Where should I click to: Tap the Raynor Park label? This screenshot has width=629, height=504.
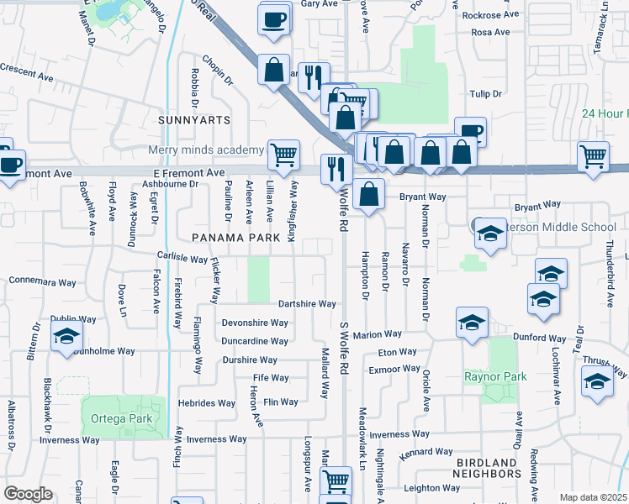click(495, 376)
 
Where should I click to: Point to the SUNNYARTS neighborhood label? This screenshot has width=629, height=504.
click(194, 120)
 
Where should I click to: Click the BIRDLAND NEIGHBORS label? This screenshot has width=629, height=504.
click(486, 469)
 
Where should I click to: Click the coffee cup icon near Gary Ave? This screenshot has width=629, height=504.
click(273, 20)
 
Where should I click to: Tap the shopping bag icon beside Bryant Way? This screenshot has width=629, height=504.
click(369, 194)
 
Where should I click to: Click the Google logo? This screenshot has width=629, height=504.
click(28, 494)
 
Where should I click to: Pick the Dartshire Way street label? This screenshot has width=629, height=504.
click(307, 304)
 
